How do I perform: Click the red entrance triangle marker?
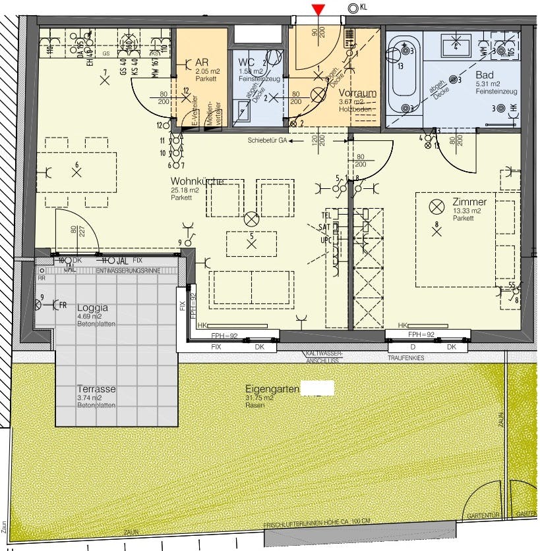click(318, 9)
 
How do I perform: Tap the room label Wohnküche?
click(196, 181)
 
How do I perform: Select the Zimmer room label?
click(469, 202)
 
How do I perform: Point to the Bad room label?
click(484, 76)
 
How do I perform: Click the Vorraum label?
click(357, 93)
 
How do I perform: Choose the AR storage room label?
click(202, 62)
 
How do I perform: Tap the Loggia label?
click(92, 307)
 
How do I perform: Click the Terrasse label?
click(96, 389)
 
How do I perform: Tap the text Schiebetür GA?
click(268, 141)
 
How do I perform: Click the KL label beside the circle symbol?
click(365, 7)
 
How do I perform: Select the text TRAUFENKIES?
click(406, 357)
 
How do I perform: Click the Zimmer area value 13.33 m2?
click(467, 211)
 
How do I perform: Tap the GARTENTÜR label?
click(479, 515)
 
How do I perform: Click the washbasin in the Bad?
click(456, 45)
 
